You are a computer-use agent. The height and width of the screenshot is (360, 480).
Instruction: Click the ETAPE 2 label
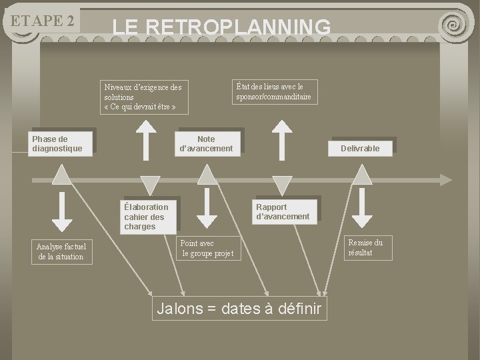pos(42,21)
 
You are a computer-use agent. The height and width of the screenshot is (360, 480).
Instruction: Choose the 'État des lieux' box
pos(273,92)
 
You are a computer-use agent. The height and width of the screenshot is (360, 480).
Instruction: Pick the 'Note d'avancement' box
pos(207,144)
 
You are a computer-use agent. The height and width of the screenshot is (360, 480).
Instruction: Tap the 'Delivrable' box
pos(360,148)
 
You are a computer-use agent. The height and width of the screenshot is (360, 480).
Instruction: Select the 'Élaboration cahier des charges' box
pos(149,217)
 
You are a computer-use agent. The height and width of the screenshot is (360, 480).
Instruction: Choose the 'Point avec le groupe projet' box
pos(207,249)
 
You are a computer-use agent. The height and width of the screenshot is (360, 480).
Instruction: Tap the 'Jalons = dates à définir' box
pos(239,309)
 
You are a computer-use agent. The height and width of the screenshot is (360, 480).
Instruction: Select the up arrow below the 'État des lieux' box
pos(283,137)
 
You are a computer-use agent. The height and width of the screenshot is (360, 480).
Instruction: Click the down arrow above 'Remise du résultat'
pos(362,212)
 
